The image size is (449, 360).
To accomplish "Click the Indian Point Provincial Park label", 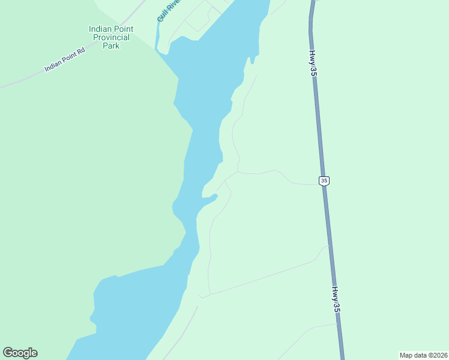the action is tap(111, 37).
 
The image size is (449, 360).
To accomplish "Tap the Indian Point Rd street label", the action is tap(65, 60).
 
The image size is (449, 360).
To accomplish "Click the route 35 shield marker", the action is tap(324, 180).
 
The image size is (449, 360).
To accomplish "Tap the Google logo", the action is tap(20, 353).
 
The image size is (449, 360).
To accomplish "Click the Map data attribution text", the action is tap(423, 355).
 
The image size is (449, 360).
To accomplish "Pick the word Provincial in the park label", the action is tap(111, 37).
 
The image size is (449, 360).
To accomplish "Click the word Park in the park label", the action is tap(111, 46).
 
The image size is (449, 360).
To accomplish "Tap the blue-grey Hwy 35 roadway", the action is tap(318, 120).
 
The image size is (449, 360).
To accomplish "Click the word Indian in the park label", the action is tap(100, 29).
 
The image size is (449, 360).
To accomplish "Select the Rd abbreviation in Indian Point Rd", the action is tap(81, 51).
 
